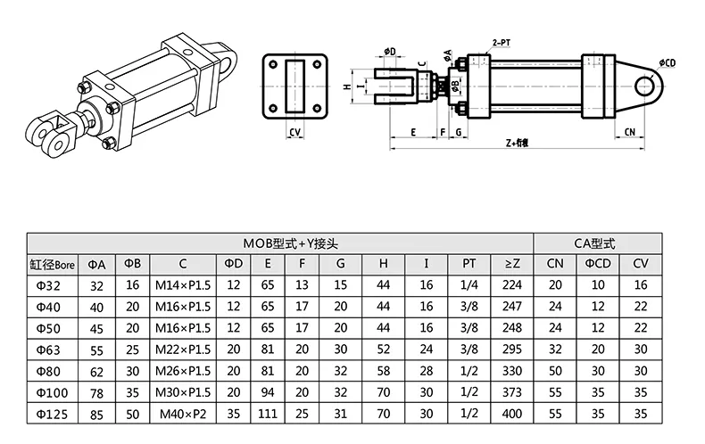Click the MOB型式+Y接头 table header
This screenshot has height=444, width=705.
pos(279,243)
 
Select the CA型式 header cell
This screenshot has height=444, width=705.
pos(595,243)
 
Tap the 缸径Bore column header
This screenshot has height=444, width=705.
pos(52,264)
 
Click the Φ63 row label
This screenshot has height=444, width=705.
pos(52,348)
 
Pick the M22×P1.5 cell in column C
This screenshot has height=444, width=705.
pos(181,348)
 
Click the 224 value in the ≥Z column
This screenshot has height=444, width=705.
pos(511,285)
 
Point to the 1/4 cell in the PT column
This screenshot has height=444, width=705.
pos(469,285)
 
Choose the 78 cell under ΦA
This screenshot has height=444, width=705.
pos(97,391)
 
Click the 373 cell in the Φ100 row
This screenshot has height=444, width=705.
pos(511,391)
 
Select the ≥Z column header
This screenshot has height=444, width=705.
pos(511,264)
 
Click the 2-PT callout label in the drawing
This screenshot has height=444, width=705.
pos(502,42)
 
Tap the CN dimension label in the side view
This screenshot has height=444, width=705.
pos(629,131)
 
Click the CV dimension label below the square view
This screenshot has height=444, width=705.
pos(294,132)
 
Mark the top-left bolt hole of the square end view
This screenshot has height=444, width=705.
pos(272,65)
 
